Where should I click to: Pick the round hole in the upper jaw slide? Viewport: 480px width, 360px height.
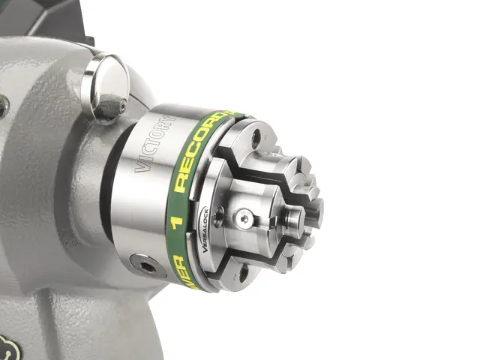256,138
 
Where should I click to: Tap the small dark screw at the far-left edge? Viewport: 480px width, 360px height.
3,106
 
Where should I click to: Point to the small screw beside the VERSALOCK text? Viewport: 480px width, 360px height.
218,217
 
